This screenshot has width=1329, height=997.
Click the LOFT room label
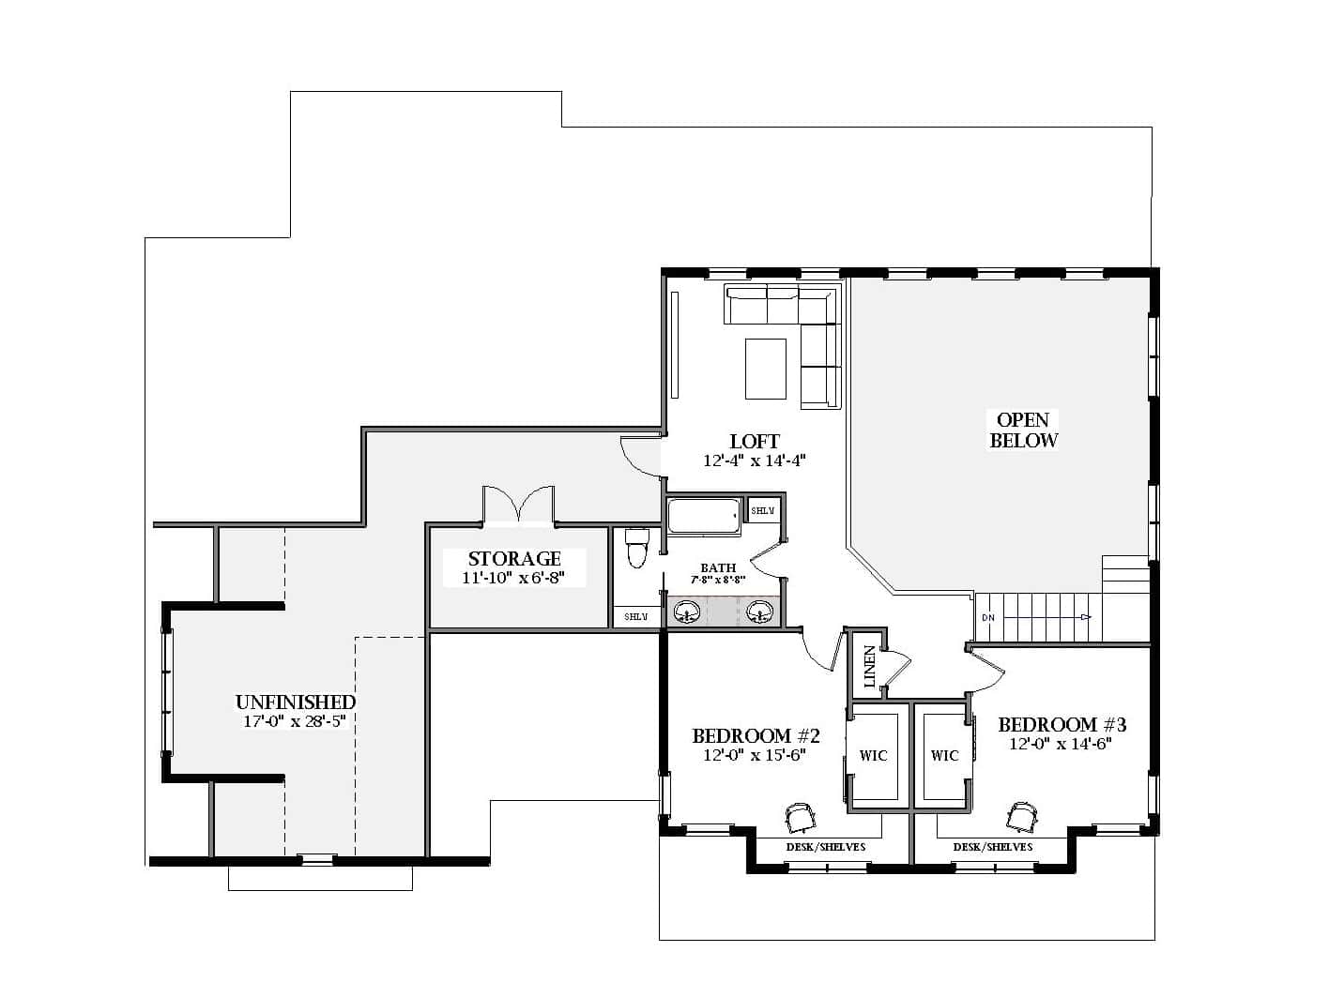coord(755,442)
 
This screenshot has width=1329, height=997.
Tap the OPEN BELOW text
coord(1023,430)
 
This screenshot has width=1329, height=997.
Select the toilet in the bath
coord(637,549)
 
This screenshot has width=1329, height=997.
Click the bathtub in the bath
coord(704,517)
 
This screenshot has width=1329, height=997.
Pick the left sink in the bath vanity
coord(686,613)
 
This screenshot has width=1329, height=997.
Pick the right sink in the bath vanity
coord(760,613)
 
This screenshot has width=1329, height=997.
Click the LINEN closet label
coord(869,667)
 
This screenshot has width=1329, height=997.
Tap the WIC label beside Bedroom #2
coord(873,755)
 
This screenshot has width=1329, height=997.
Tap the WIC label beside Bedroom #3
coord(944,755)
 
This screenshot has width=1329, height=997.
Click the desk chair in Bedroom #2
coord(800,817)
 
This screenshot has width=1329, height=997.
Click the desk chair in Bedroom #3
coord(1022,816)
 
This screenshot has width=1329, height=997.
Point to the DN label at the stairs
coord(987,618)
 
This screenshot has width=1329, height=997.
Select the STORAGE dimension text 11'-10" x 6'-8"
coord(513,578)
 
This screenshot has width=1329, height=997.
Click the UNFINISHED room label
coord(296,702)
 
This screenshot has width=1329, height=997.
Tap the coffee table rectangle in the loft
coord(766,369)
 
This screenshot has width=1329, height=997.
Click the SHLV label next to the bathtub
coord(763,511)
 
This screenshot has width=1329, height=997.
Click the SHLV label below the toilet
coord(635,617)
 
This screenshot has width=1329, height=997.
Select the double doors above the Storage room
coord(517,505)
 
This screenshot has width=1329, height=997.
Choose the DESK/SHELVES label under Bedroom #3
coord(993,847)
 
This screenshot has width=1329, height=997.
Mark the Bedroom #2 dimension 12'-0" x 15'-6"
coord(755,755)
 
